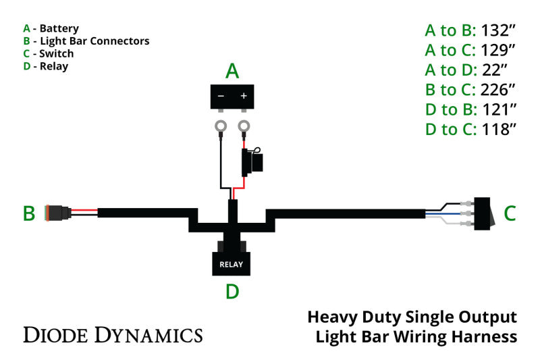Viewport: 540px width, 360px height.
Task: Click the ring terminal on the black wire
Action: point(220,126)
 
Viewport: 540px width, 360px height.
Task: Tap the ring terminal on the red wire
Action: point(244,126)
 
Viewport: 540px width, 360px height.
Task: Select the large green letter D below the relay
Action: point(232,292)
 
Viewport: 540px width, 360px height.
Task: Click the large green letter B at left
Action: point(28,214)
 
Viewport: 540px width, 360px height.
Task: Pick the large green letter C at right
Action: point(510,214)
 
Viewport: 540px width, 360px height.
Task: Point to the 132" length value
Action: point(499,30)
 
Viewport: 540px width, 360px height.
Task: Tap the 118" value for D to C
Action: point(499,129)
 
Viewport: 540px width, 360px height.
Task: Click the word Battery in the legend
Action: point(59,28)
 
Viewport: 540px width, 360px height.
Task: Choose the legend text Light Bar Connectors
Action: point(94,41)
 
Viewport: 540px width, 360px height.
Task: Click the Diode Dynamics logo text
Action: point(113,334)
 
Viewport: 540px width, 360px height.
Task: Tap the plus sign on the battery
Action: point(244,96)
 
